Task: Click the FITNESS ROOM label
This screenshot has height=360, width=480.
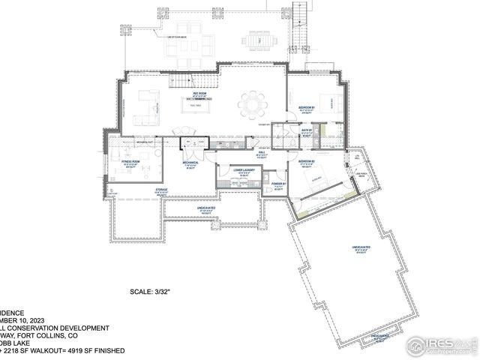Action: (x=132, y=162)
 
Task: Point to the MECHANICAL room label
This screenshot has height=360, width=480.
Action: (x=190, y=163)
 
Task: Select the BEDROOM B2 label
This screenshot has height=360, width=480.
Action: (x=305, y=162)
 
